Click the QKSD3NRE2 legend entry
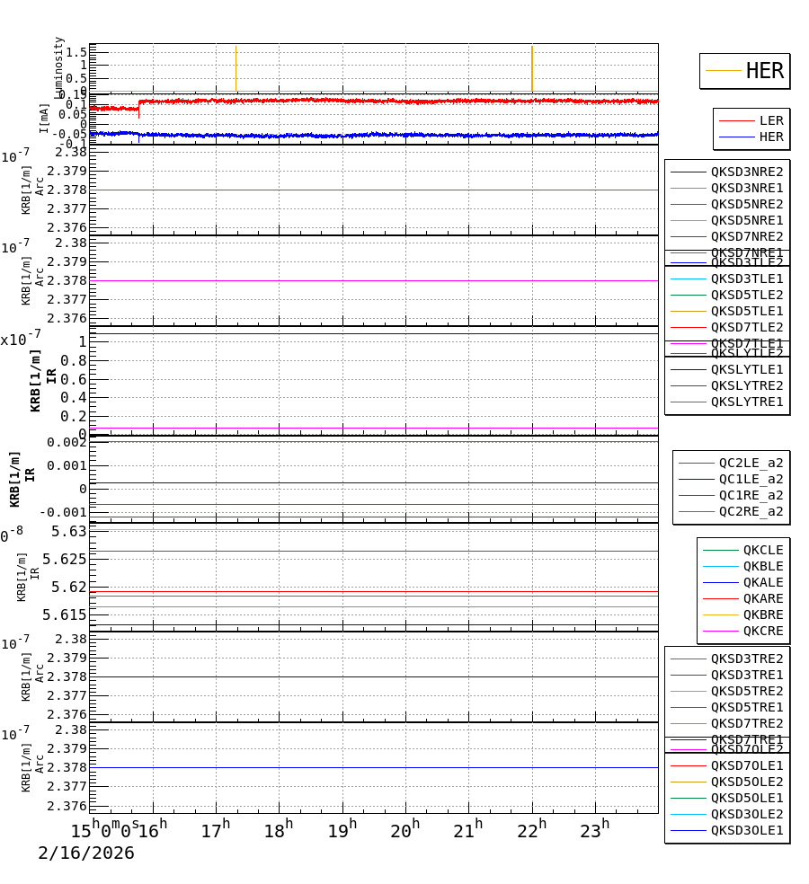746,172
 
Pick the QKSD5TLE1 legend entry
746,311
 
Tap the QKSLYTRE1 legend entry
746,402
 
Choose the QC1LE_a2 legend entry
750,479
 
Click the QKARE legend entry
762,598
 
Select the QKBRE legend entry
762,614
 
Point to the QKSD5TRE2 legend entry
746,691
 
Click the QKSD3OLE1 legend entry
746,830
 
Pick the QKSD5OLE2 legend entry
746,782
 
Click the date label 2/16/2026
86,853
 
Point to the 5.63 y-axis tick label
69,532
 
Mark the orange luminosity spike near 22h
532,67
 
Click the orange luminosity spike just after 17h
236,67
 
